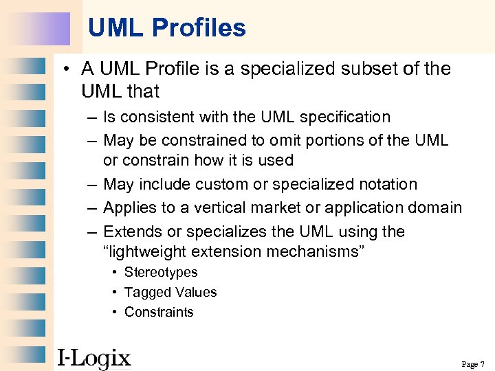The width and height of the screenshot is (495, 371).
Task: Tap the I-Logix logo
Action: point(93,358)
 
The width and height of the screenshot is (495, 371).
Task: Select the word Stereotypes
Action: point(161,272)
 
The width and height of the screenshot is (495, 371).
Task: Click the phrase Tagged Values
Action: point(170,292)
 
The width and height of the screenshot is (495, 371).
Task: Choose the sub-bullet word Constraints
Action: point(159,312)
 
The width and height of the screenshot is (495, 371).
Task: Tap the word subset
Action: point(364,69)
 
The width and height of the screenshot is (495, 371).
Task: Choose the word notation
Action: point(386,184)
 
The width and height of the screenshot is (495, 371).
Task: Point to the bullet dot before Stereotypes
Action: point(115,273)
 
